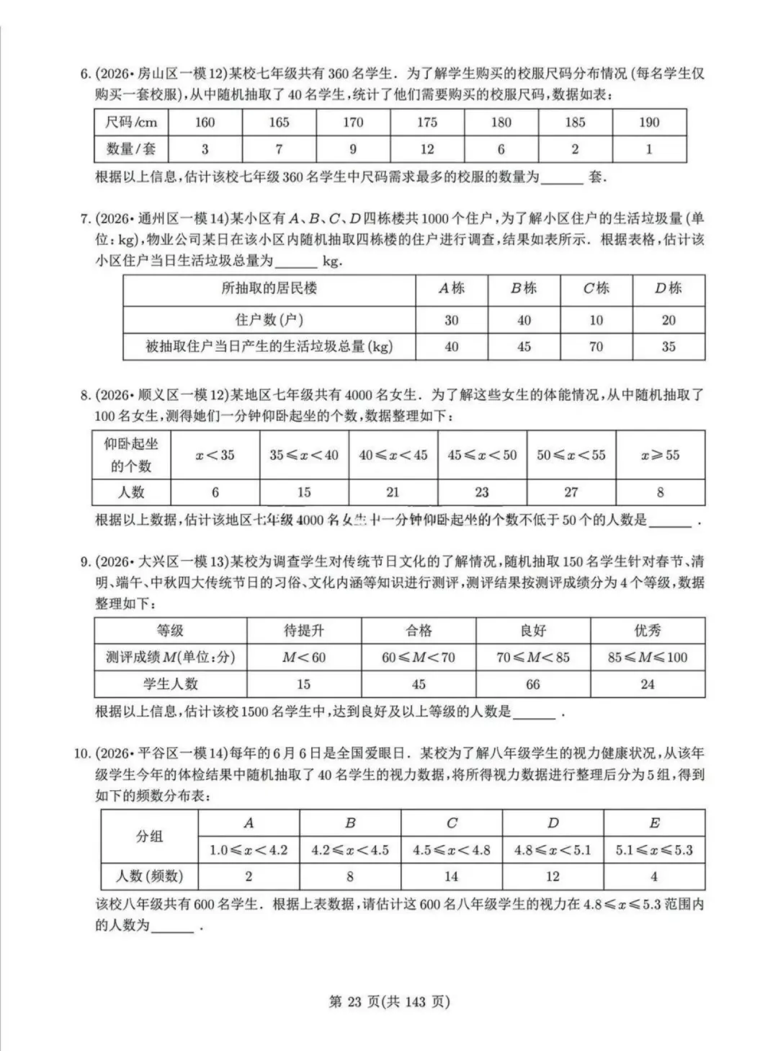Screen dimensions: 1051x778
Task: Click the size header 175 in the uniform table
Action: point(427,123)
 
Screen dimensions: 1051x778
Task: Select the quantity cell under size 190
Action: point(649,150)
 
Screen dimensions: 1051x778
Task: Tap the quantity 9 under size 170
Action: point(353,150)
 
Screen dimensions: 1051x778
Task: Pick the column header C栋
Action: point(596,289)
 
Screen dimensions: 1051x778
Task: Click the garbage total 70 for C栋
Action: point(596,347)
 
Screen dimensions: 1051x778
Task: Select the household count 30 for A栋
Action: point(452,320)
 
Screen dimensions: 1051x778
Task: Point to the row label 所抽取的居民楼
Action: point(269,289)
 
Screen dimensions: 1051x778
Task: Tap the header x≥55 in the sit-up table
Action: point(660,455)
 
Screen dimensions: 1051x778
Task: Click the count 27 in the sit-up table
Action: point(571,492)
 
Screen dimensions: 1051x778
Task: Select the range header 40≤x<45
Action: point(393,455)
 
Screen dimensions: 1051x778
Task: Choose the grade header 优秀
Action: point(648,631)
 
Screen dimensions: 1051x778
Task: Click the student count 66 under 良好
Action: point(533,684)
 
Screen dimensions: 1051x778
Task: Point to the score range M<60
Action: point(303,657)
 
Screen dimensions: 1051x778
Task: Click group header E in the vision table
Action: point(654,823)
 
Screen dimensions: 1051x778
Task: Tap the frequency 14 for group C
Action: point(451,877)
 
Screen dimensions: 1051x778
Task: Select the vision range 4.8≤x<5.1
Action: point(553,851)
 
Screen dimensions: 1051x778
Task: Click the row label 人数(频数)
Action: point(149,877)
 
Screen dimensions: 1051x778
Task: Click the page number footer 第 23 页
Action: point(389,1001)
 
